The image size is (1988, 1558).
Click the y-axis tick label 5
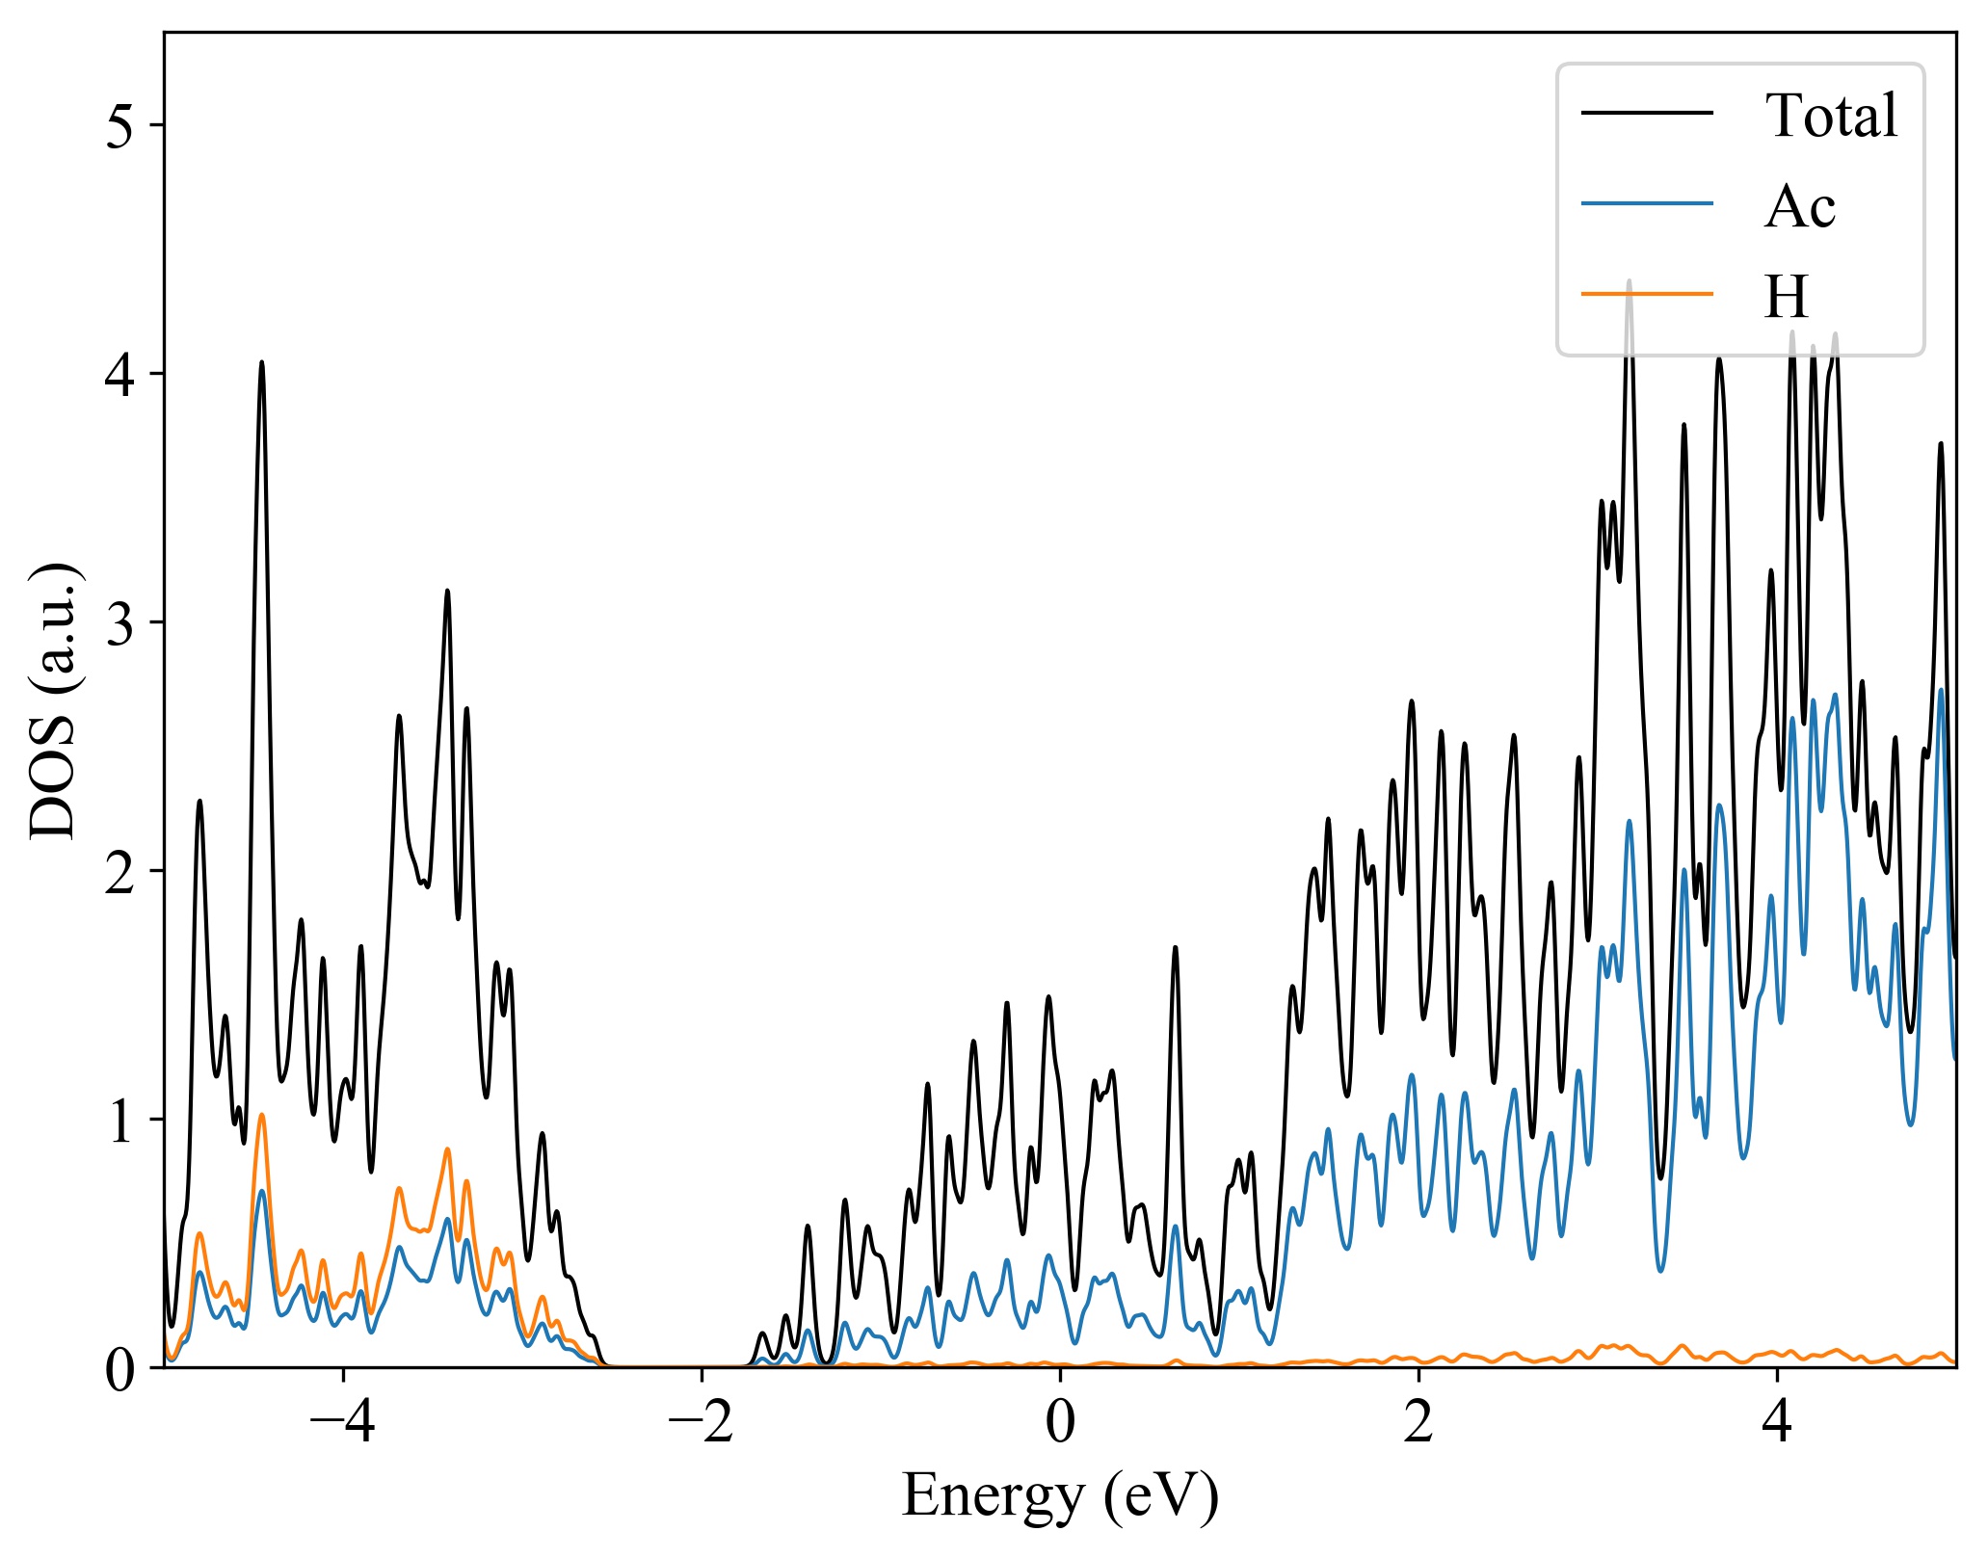[x=120, y=126]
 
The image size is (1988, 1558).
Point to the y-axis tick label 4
[x=120, y=375]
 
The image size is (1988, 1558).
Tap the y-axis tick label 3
[x=120, y=623]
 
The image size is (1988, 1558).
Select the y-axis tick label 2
[x=120, y=872]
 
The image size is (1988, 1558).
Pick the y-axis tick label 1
[x=120, y=1121]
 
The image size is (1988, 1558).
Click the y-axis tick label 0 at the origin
[x=120, y=1369]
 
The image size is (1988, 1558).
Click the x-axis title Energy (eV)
[x=1060, y=1496]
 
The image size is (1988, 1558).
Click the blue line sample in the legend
[x=1647, y=203]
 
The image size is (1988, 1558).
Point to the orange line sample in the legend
[x=1647, y=293]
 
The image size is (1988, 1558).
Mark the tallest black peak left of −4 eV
[x=261, y=363]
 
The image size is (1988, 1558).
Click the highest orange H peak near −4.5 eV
[x=261, y=1115]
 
